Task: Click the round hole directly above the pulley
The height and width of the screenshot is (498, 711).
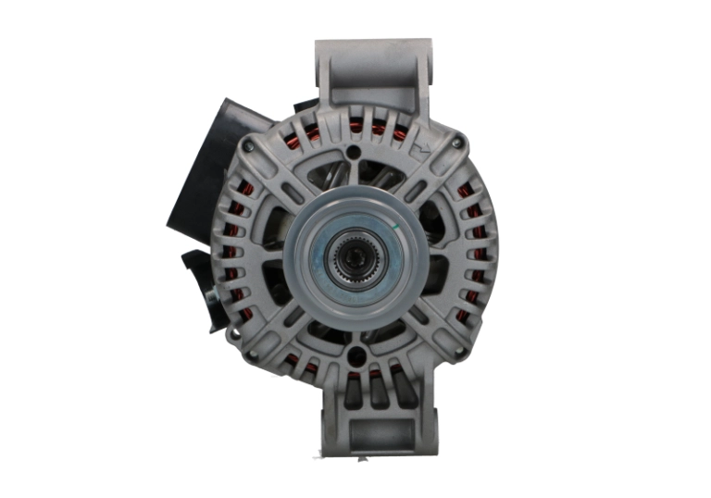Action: coord(354,152)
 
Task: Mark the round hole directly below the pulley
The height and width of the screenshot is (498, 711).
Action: coord(355,352)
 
